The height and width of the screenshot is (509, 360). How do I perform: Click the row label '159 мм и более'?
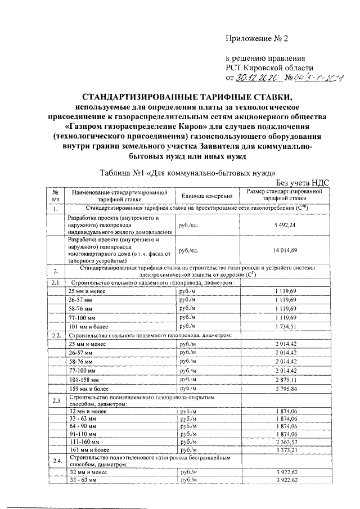(x=88, y=388)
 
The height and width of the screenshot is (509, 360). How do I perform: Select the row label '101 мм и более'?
(x=88, y=326)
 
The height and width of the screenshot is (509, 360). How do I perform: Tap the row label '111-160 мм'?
(x=84, y=442)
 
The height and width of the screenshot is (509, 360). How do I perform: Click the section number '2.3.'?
(x=55, y=400)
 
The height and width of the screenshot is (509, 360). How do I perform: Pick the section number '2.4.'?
(x=55, y=461)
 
